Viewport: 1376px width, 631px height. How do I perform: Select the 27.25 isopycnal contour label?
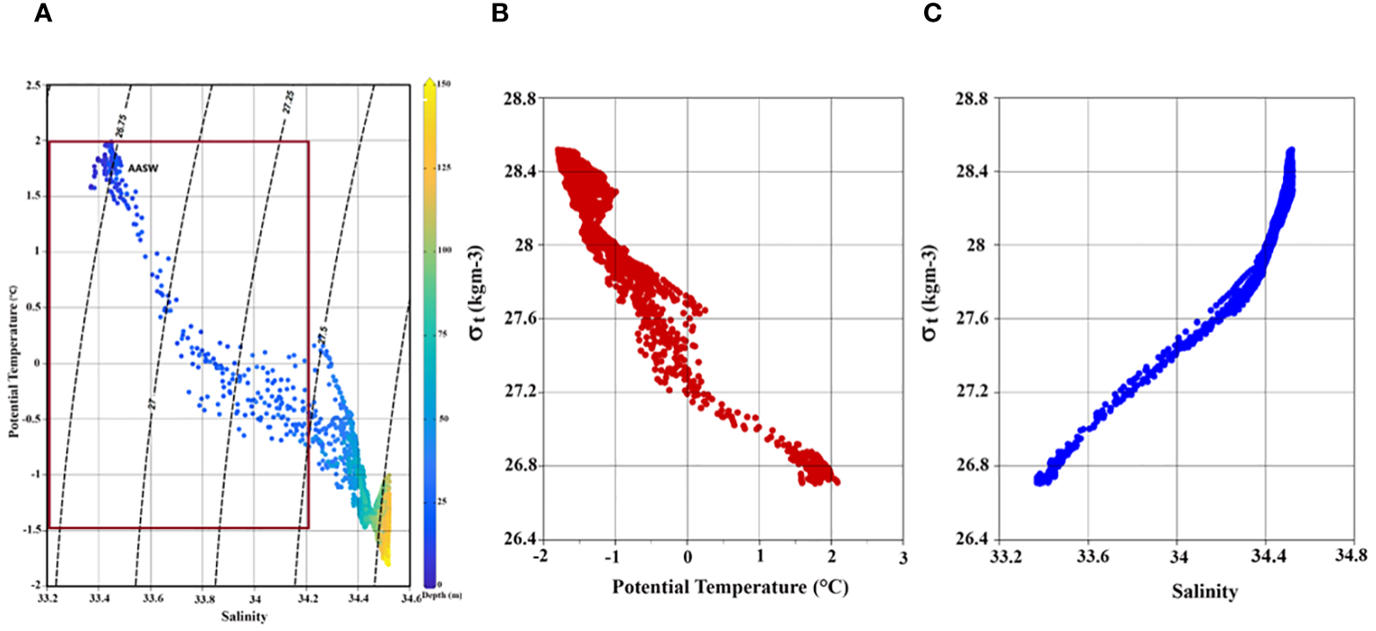click(x=288, y=100)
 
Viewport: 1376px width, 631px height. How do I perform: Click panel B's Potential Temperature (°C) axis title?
click(x=730, y=588)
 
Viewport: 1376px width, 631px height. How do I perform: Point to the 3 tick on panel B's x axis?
click(x=904, y=557)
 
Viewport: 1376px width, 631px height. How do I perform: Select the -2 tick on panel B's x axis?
click(x=541, y=557)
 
